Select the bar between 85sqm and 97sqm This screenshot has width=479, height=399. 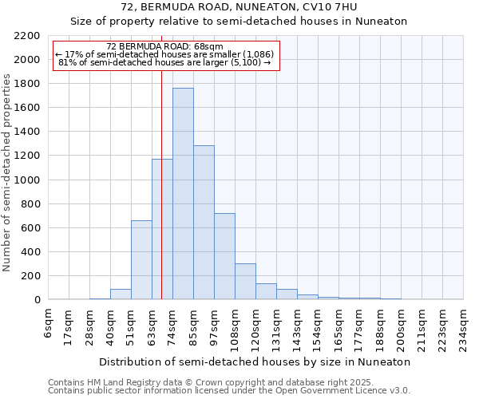[x=204, y=223]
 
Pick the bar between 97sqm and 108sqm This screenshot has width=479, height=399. [x=224, y=256]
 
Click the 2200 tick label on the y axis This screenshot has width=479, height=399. [x=27, y=36]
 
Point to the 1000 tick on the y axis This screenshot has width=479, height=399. [x=27, y=180]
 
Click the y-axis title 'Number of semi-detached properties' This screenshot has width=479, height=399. [x=9, y=172]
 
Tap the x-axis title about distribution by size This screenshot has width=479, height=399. [x=255, y=361]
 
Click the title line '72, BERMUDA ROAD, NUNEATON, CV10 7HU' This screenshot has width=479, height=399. [x=239, y=8]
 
